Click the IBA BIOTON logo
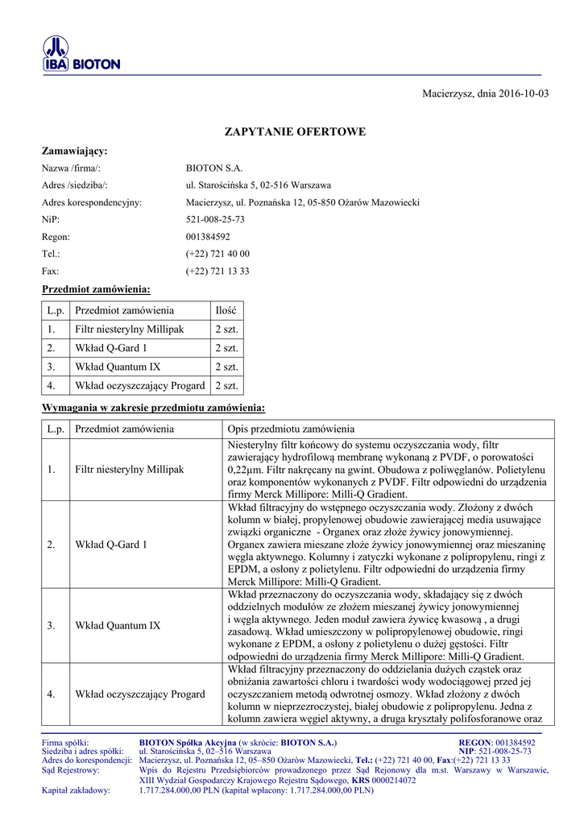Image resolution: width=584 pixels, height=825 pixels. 81,56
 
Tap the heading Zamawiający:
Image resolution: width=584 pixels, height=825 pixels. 74,151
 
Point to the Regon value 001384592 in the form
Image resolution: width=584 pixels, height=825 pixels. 208,237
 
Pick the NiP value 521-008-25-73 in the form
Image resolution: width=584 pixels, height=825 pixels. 215,219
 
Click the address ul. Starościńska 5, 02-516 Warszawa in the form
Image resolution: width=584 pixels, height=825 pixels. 258,185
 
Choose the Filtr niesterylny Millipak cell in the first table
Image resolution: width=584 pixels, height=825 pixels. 130,330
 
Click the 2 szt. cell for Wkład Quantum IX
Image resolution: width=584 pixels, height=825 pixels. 226,367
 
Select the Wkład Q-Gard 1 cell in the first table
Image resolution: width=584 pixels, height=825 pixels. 111,348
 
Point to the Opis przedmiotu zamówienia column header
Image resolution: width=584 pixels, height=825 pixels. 291,429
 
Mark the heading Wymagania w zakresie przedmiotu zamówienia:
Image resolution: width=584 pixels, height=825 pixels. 153,408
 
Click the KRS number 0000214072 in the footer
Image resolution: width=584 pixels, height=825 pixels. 394,781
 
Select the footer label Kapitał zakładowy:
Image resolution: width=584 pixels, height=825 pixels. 76,790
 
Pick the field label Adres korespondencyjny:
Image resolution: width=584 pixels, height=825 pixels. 92,203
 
